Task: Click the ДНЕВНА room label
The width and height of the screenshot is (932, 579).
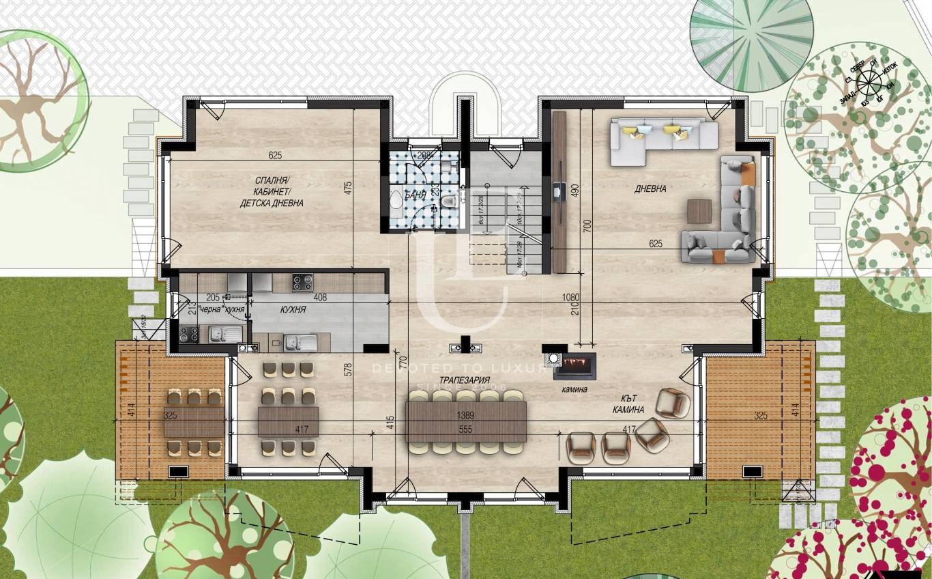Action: (x=651, y=189)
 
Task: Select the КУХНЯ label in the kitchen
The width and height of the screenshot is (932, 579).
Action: (x=293, y=310)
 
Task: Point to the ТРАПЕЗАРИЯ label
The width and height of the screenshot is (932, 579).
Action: (x=465, y=380)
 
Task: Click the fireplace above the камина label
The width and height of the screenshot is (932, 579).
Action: (x=574, y=365)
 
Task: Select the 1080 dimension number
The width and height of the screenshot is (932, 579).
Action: (x=570, y=298)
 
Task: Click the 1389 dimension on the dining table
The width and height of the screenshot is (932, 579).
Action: (x=466, y=415)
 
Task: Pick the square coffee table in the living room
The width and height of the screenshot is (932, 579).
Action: (x=699, y=211)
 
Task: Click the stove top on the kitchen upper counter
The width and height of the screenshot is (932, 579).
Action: (x=302, y=282)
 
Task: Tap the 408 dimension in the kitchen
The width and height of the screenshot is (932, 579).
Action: (x=319, y=298)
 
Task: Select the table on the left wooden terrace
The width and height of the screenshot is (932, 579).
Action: (x=194, y=422)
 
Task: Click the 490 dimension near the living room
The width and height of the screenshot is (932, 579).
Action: (x=574, y=191)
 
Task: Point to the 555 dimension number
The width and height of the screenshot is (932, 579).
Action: (x=466, y=429)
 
